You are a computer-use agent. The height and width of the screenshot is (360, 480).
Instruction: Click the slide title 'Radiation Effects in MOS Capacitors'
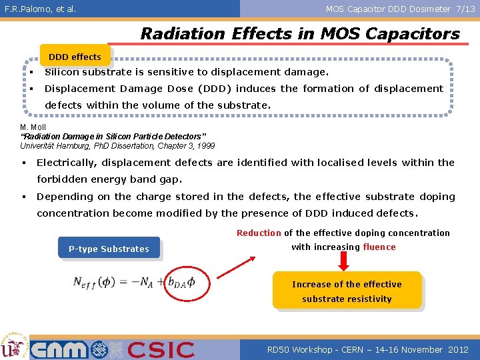[300, 33]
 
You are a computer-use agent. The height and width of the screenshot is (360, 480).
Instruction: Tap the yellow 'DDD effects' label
[75, 57]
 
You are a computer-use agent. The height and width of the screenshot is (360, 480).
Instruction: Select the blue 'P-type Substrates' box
[109, 249]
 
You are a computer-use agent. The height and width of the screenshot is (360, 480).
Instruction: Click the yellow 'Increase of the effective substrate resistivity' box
[347, 291]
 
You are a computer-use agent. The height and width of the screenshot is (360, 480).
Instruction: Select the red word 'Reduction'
[259, 233]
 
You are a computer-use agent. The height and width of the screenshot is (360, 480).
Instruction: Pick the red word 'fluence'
[379, 247]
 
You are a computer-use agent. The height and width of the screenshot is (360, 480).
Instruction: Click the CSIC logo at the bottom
[161, 349]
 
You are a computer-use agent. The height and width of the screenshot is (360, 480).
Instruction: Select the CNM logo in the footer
[59, 349]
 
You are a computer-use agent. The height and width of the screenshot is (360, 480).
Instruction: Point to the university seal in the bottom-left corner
[13, 345]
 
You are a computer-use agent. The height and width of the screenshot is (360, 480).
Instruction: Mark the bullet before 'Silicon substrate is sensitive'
[31, 72]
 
